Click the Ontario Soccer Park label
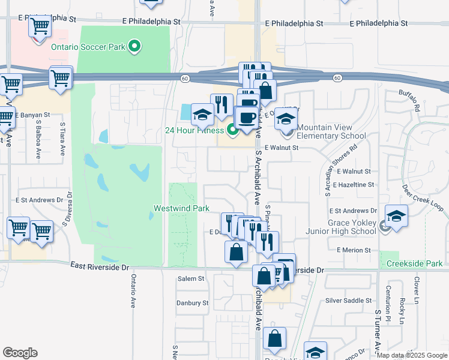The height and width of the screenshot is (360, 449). coord(90,46)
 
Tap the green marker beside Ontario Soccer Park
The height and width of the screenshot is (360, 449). coord(135,46)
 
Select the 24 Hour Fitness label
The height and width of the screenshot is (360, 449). coord(194,130)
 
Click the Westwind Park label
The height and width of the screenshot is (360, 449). coord(181,208)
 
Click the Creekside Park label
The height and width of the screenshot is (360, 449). coord(414,263)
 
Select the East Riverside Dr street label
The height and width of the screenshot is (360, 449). coord(99,265)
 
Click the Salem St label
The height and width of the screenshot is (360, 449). coord(191,278)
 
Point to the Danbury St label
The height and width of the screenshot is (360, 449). coord(192,303)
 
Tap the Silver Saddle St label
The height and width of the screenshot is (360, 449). coord(348,300)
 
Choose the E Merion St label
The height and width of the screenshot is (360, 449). coord(354,250)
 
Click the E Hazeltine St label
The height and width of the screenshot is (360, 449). coord(356,185)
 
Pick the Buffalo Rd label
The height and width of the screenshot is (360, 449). coord(409,100)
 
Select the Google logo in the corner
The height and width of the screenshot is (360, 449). coord(20,353)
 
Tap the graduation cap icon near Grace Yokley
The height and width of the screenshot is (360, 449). coord(396,217)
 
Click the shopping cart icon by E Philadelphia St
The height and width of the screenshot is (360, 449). coord(39,28)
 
